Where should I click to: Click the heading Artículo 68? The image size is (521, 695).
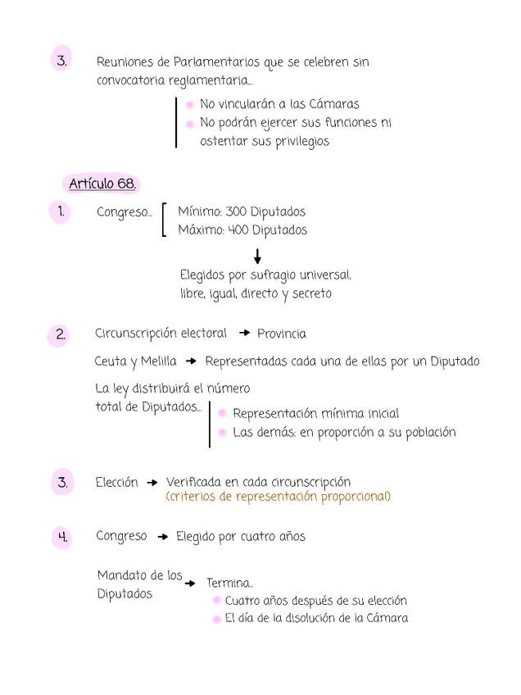102,183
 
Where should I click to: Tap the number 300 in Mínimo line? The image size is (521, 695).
236,211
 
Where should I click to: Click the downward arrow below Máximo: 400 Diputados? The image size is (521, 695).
258,257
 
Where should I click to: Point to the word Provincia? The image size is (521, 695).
282,334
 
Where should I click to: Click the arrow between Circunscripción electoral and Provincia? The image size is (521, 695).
243,334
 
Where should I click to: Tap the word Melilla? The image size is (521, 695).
158,361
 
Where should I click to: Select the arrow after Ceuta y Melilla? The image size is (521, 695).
191,361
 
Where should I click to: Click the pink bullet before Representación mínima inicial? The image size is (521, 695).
222,414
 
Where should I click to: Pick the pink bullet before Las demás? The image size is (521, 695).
222,433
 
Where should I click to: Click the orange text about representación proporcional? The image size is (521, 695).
278,497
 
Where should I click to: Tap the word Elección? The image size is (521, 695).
117,483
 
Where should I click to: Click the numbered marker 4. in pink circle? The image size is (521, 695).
62,538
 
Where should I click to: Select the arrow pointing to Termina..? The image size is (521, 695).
190,584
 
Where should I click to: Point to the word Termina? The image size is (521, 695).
229,584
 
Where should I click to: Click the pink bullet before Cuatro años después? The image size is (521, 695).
217,602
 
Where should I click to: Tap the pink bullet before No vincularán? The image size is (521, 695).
189,105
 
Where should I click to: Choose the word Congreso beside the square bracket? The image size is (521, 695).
123,212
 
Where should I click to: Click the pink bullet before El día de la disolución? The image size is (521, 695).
217,620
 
